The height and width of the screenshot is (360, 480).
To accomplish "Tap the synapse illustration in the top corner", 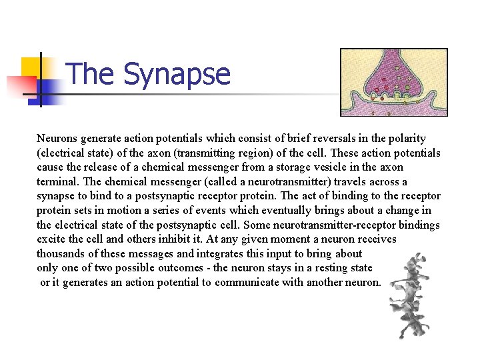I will pos(393,82).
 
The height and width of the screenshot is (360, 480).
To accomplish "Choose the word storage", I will pos(275,167).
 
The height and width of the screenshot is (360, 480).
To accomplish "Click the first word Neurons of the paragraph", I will pos(57,139).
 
